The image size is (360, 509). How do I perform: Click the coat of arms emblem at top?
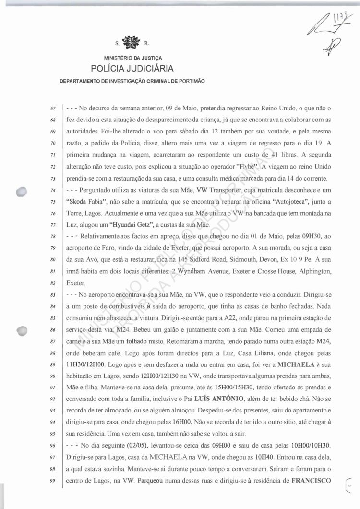(128, 42)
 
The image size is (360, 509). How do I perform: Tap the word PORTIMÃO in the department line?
(191, 81)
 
